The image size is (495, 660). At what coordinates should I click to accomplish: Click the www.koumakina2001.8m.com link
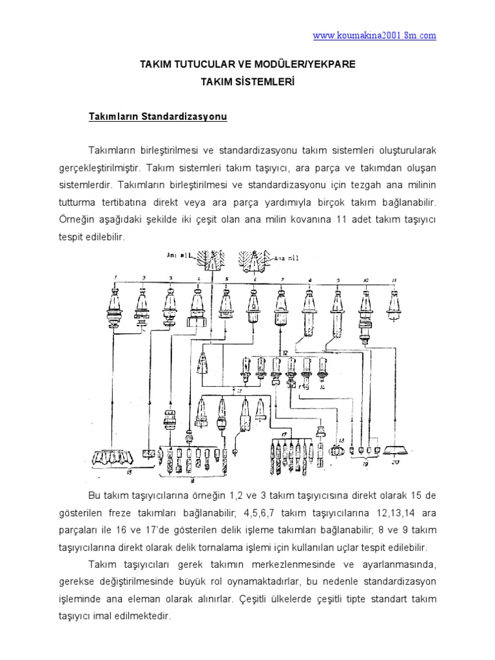[374, 36]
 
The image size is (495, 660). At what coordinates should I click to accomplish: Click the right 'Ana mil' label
[288, 258]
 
